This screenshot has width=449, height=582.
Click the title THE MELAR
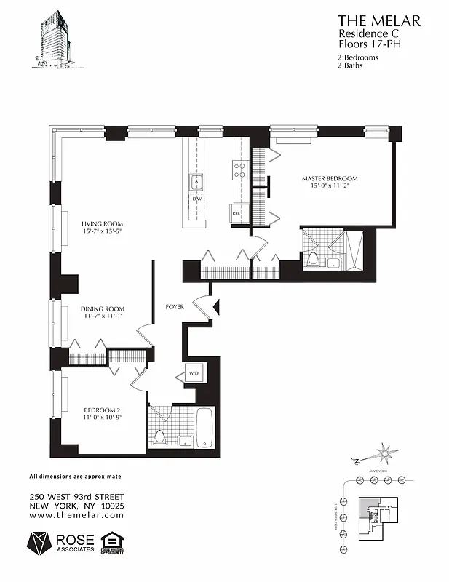tap(378, 21)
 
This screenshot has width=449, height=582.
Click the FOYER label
tap(175, 307)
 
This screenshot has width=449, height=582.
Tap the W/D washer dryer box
tap(194, 374)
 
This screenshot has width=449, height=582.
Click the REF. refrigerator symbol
tap(237, 212)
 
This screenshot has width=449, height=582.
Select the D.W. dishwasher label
tap(196, 198)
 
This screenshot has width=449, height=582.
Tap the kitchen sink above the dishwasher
tap(196, 181)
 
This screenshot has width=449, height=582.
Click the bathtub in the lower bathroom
tap(204, 428)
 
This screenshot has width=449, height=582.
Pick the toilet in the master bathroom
tap(313, 258)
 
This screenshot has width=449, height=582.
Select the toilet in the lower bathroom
tap(159, 437)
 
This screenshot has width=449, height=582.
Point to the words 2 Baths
tap(350, 65)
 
